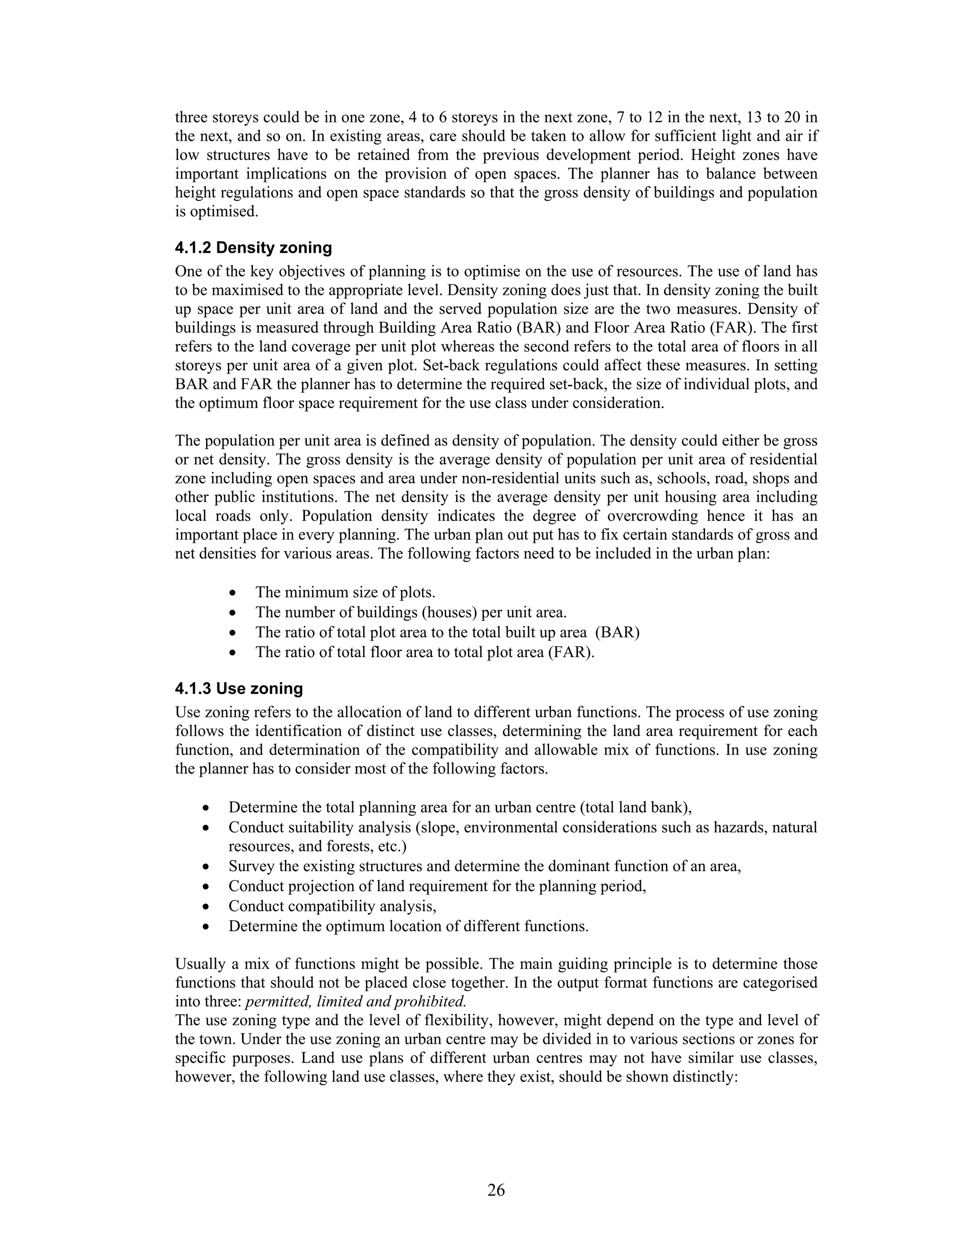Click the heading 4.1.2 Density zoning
point(253,248)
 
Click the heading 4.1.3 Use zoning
point(239,688)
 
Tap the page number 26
point(496,1190)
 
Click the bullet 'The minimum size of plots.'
point(345,592)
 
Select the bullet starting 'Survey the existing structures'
point(484,866)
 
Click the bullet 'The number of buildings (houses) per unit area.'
point(411,612)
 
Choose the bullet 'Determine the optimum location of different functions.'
point(408,926)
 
